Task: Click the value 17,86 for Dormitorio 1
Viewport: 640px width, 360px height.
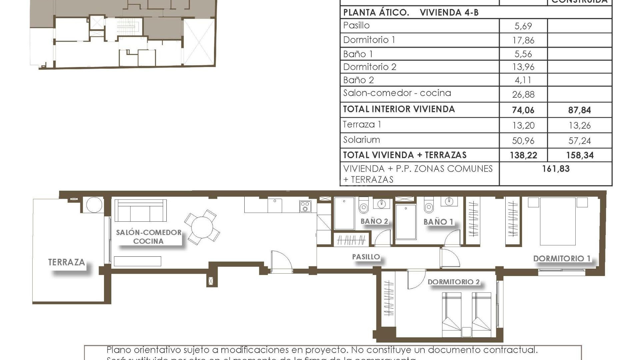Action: coord(523,40)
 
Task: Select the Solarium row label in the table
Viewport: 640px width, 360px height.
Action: coord(361,140)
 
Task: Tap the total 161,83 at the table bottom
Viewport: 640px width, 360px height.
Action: coord(556,169)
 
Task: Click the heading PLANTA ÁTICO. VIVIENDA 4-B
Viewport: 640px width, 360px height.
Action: coord(411,13)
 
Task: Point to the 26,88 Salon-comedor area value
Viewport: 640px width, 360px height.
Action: coord(523,95)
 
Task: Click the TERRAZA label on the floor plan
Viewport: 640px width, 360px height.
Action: coord(66,262)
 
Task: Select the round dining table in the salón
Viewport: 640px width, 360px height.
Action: coord(202,227)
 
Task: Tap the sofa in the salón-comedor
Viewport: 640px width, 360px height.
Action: coord(140,211)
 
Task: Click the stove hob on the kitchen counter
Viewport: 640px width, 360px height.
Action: coord(305,206)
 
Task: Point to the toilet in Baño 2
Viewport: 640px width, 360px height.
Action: coord(363,206)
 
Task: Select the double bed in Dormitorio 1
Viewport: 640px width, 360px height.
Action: coord(558,221)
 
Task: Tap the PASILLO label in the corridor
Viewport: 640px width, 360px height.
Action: coord(366,257)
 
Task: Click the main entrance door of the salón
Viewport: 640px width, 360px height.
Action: coord(281,262)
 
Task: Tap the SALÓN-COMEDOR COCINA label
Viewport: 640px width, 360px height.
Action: coord(148,237)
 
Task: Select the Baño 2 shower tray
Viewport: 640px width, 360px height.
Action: coord(344,213)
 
